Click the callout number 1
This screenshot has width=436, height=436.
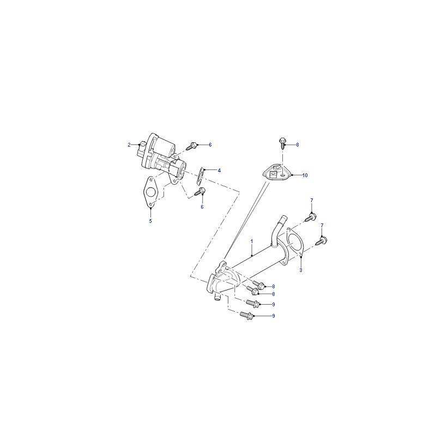pos(252,241)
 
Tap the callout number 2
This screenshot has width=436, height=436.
pos(129,145)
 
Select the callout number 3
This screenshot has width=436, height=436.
pos(301,270)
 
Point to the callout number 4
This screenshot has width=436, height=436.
pos(219,171)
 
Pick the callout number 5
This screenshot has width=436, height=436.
pos(150,221)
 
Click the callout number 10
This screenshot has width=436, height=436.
pos(305,175)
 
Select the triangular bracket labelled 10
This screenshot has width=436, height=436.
pos(277,172)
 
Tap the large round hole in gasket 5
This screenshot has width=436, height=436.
pos(150,192)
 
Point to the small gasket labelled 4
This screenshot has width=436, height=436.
pos(201,177)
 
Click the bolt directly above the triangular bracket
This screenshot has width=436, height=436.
pos(282,143)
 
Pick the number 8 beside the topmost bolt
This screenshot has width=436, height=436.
pos(298,145)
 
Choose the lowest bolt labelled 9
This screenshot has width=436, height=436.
pos(246,316)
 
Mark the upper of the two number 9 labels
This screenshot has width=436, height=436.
pos(274,305)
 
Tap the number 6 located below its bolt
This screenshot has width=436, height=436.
pos(202,207)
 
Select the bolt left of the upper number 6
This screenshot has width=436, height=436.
pos(191,146)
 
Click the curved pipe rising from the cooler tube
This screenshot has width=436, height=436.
pos(276,230)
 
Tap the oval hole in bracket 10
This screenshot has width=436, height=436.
pos(282,175)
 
